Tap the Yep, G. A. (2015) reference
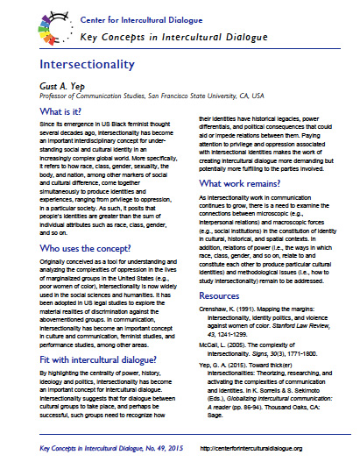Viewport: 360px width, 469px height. (x=267, y=377)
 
